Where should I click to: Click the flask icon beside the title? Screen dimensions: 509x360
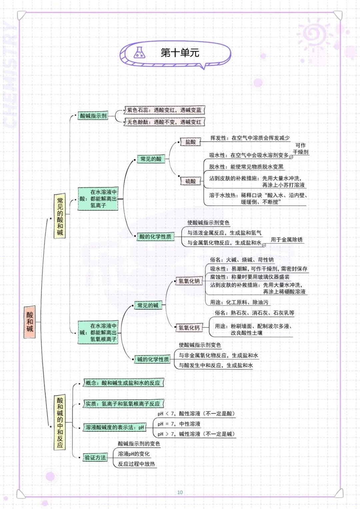[139, 53]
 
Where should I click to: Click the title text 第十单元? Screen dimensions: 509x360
[180, 53]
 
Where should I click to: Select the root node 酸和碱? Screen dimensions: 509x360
[30, 322]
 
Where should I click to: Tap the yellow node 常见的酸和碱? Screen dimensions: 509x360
[60, 216]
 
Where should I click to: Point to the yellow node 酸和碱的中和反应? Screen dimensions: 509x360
[60, 422]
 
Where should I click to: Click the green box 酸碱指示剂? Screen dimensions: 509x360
[93, 116]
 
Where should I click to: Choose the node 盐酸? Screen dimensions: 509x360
[190, 142]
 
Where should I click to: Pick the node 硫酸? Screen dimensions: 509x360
[190, 181]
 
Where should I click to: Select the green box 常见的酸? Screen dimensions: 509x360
[151, 159]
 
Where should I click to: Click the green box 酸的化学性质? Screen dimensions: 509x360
[155, 237]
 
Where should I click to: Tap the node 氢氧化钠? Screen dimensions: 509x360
[189, 281]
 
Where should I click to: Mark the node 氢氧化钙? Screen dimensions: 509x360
[189, 328]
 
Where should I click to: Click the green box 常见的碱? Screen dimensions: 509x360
[148, 305]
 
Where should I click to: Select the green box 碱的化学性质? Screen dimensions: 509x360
[153, 359]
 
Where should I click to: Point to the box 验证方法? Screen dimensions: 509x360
[95, 458]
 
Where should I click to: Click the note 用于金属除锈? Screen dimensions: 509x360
[287, 240]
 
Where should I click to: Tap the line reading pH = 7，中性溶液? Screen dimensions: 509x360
[179, 424]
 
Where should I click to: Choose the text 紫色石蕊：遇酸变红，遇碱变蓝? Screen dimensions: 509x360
[164, 110]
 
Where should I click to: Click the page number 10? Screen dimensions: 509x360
[180, 492]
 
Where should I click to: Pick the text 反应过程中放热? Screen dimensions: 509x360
[136, 464]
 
